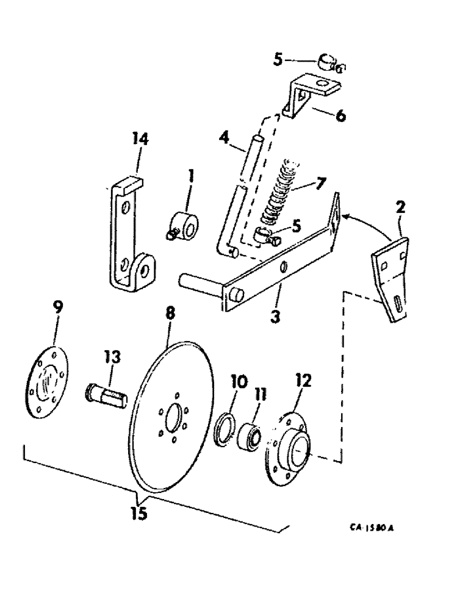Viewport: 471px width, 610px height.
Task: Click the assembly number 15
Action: click(139, 514)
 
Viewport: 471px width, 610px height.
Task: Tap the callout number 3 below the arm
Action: click(275, 317)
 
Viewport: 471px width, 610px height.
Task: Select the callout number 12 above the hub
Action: click(303, 381)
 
